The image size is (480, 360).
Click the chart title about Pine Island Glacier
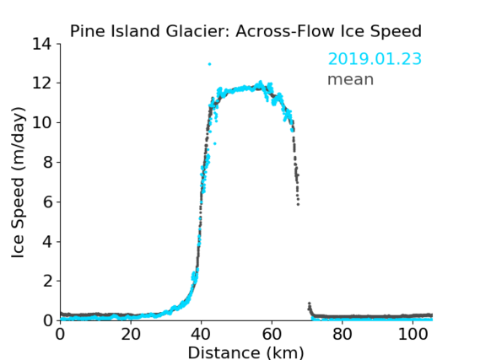click(x=245, y=31)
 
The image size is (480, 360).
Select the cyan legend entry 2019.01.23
click(x=375, y=59)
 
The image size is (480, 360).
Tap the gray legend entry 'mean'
click(x=351, y=79)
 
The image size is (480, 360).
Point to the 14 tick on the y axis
click(x=42, y=44)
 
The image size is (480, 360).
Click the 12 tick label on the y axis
click(x=42, y=83)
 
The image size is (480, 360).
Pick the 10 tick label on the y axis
click(x=42, y=122)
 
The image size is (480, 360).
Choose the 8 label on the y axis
click(x=47, y=162)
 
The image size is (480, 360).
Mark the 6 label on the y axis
click(x=47, y=201)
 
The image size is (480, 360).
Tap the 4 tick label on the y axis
click(x=47, y=242)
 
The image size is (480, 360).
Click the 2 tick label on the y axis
click(x=47, y=281)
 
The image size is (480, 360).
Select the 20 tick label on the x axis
click(x=131, y=334)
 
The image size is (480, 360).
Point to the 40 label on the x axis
click(x=201, y=334)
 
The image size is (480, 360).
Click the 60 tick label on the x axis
click(x=272, y=334)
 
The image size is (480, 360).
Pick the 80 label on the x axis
click(x=342, y=334)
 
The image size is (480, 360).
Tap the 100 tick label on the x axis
click(x=413, y=334)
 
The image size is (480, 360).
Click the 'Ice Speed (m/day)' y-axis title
click(x=18, y=182)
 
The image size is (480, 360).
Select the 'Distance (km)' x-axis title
click(x=245, y=352)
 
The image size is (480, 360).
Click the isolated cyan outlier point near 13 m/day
click(x=210, y=64)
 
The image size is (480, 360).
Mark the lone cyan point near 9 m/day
click(x=215, y=143)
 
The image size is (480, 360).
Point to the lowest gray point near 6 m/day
click(x=298, y=204)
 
